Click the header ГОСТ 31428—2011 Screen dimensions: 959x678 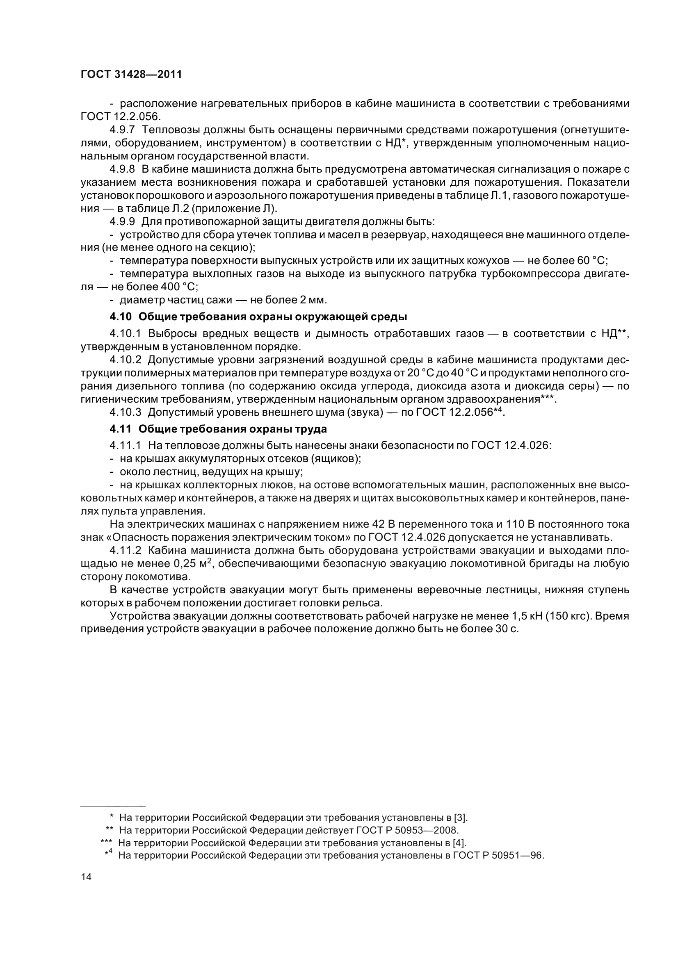(x=131, y=75)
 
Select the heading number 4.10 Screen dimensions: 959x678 (x=120, y=317)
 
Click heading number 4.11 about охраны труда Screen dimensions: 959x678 (x=120, y=429)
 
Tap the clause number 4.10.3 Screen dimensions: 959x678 (x=126, y=412)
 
